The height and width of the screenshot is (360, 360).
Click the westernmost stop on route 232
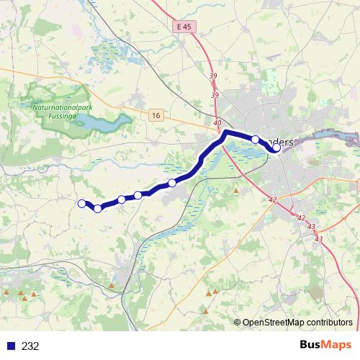tap(82, 203)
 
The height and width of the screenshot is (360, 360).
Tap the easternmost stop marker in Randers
tap(276, 148)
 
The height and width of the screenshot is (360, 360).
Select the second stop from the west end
tap(97, 209)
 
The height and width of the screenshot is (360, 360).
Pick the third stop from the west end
tap(122, 199)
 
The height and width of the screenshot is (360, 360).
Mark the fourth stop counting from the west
tap(138, 195)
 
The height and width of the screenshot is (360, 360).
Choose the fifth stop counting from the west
tap(171, 183)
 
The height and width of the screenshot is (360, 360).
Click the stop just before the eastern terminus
tap(255, 139)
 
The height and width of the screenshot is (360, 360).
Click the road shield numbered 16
tap(157, 114)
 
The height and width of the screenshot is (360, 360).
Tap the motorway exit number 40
tap(217, 123)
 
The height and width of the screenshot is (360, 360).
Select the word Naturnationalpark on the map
tap(63, 105)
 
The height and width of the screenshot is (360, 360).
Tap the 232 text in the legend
tap(30, 346)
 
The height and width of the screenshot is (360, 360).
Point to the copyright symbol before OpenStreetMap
tap(238, 323)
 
